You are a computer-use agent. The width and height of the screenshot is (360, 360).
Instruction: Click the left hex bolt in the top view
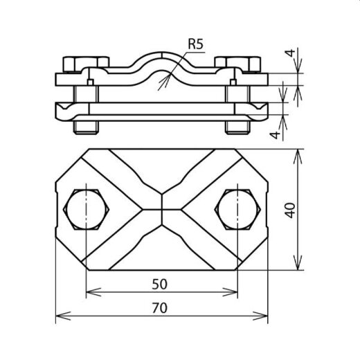pyautogui.click(x=85, y=209)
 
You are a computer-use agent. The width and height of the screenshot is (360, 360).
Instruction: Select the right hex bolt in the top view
pyautogui.click(x=237, y=209)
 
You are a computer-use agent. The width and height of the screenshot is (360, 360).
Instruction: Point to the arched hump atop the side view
pyautogui.click(x=161, y=58)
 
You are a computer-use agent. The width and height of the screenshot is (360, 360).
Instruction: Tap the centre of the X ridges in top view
pyautogui.click(x=161, y=209)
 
